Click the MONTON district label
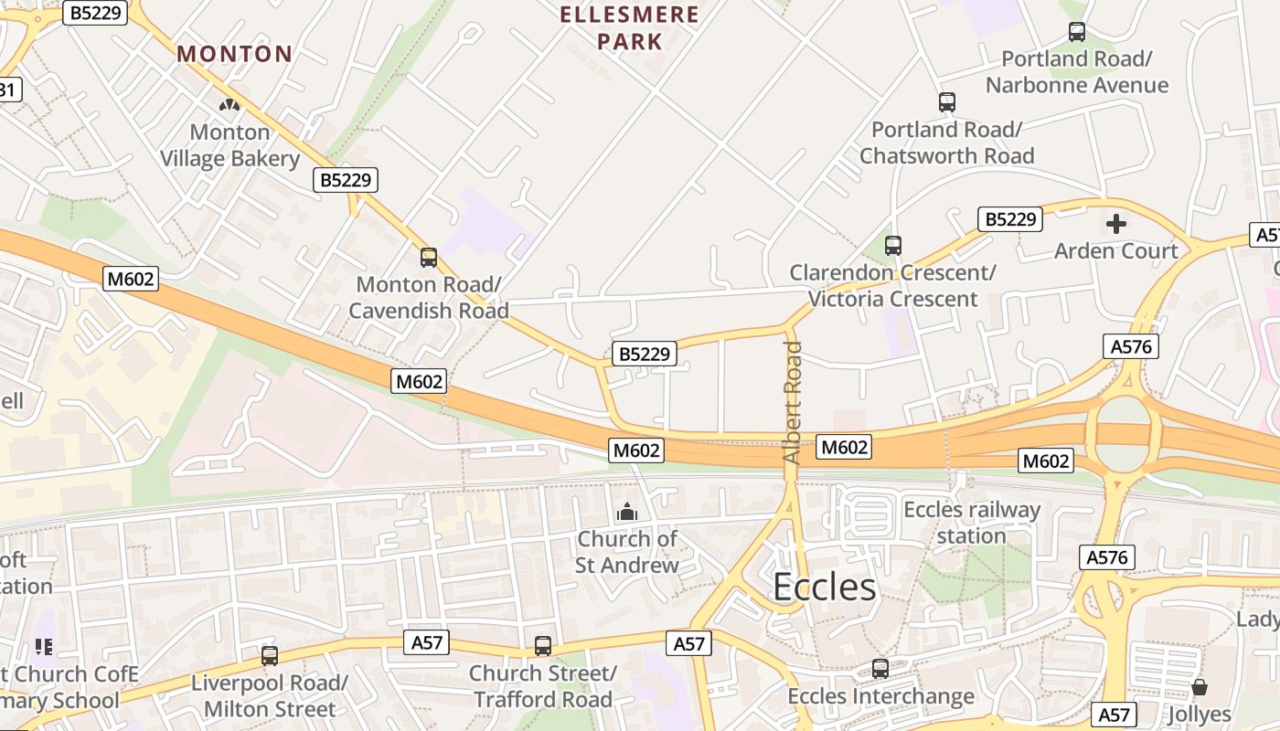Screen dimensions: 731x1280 [x=234, y=54]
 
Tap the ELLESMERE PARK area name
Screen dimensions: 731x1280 [x=629, y=27]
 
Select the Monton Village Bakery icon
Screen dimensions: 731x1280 [x=229, y=105]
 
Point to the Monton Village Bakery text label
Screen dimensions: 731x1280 [x=229, y=145]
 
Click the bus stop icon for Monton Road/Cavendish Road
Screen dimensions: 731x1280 [x=429, y=258]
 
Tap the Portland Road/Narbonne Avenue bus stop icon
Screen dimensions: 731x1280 [x=1077, y=32]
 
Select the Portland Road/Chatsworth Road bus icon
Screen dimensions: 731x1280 [x=947, y=102]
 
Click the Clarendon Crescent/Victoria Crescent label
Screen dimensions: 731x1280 [x=892, y=285]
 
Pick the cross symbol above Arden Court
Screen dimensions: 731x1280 [x=1116, y=223]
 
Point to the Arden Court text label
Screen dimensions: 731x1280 [x=1116, y=250]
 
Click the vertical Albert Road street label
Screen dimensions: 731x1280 [x=793, y=402]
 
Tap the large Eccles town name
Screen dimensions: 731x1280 [x=825, y=587]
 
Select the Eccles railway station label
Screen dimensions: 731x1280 [x=971, y=522]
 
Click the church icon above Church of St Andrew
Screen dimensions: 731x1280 [x=627, y=512]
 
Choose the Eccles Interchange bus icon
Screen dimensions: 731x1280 [x=880, y=669]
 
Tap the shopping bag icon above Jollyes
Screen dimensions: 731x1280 [x=1200, y=686]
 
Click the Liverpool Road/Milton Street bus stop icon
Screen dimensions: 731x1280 [x=270, y=655]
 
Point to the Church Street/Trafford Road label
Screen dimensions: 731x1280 [x=543, y=686]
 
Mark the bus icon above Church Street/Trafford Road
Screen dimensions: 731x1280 [x=543, y=646]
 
